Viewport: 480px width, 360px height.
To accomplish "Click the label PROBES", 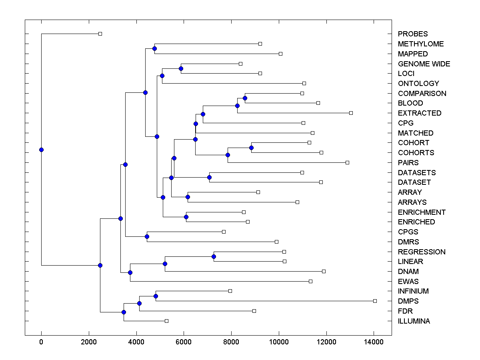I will click(x=412, y=34).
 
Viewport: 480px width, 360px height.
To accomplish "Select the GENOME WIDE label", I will click(x=424, y=64).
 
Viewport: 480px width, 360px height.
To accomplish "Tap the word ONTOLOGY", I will click(x=418, y=84).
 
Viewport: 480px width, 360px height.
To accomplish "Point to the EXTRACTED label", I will click(x=419, y=113).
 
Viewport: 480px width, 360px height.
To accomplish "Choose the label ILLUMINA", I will click(x=414, y=321).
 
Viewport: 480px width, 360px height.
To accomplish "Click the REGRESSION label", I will click(x=421, y=252).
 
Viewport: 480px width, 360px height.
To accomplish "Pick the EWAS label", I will click(x=408, y=282).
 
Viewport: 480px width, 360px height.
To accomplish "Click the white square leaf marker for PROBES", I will click(x=100, y=34).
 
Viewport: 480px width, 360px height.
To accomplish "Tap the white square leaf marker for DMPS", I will click(x=375, y=301).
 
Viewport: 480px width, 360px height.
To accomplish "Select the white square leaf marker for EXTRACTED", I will click(x=351, y=113).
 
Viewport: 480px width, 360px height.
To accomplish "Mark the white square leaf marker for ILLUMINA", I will click(x=167, y=321).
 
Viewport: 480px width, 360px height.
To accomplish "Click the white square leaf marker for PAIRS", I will click(x=347, y=162).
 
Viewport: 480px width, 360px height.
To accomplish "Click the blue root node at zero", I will click(x=41, y=150).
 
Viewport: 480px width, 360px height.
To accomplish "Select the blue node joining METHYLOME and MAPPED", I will click(x=154, y=49).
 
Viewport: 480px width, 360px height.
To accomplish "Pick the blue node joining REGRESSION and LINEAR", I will click(x=214, y=256).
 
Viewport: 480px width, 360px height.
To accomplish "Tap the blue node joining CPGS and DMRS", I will click(x=147, y=236).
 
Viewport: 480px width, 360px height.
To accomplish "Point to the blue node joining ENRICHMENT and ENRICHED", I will click(x=186, y=217).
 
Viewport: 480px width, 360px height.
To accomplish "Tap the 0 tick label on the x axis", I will click(x=41, y=342).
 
